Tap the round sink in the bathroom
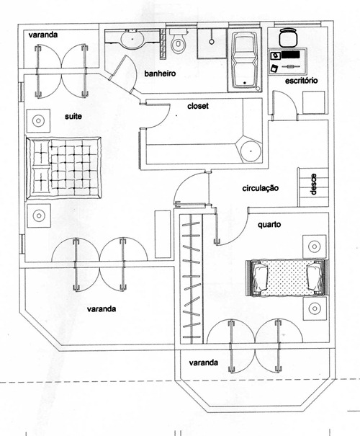(132, 38)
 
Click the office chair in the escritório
(288, 37)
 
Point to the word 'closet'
(198, 106)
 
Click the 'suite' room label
(73, 116)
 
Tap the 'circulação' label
(260, 188)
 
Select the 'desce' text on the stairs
(314, 184)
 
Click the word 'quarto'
(269, 224)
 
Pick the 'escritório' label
(302, 81)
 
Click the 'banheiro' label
(160, 74)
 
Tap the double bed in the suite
(63, 168)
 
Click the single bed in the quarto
(287, 278)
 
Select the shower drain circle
(212, 41)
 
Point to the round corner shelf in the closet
(251, 151)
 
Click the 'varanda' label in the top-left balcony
(43, 35)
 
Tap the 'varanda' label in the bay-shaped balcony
(203, 362)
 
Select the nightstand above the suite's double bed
(39, 121)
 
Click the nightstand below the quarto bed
(315, 308)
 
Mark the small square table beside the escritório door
(314, 102)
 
